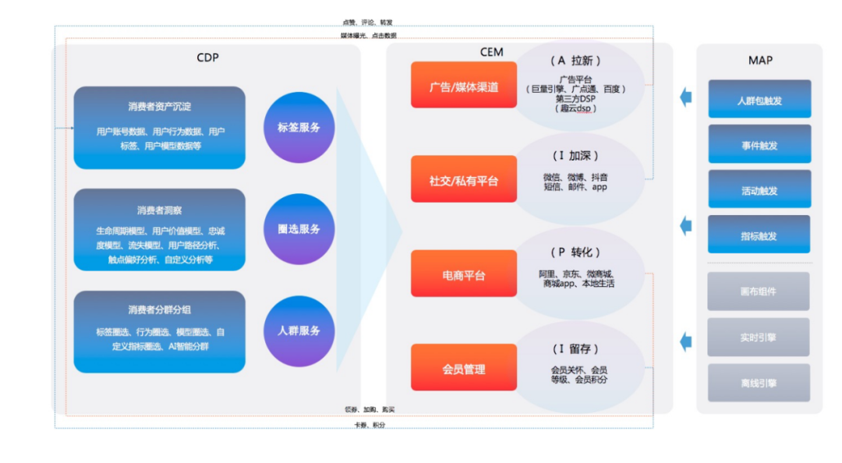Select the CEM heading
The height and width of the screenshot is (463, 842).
click(491, 52)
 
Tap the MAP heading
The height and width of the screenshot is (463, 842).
click(759, 61)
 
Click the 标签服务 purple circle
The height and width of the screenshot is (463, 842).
click(299, 127)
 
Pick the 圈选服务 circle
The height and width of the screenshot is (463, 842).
click(299, 229)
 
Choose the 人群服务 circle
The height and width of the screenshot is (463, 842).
click(299, 330)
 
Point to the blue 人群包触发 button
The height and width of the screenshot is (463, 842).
click(759, 100)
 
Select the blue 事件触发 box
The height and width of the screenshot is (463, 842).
click(759, 145)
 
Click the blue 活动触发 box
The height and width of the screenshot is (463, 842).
click(759, 190)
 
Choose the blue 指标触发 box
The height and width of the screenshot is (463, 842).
click(759, 235)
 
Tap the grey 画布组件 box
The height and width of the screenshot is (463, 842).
click(759, 292)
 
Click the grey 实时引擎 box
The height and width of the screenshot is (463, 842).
click(759, 338)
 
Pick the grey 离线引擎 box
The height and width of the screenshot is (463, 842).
click(759, 383)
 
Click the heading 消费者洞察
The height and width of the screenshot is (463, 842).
click(159, 210)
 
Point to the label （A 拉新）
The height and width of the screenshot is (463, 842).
click(575, 61)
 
